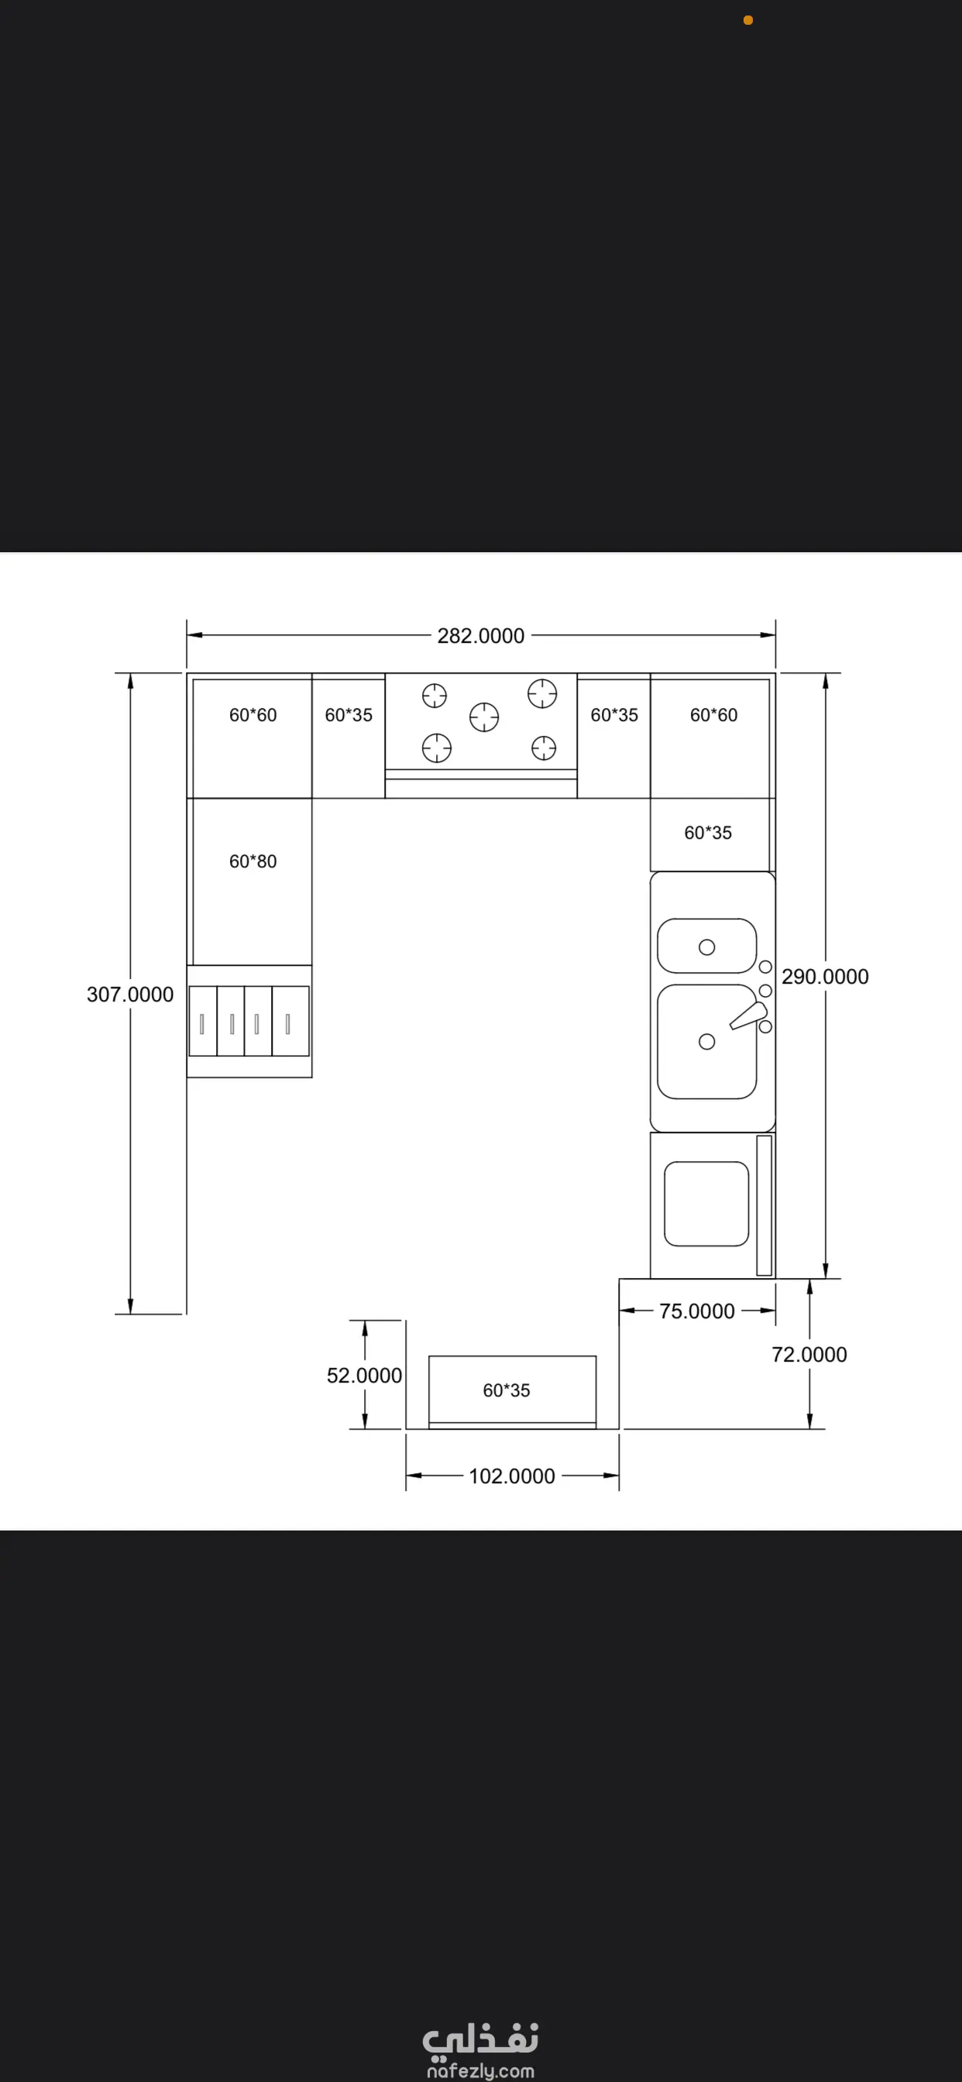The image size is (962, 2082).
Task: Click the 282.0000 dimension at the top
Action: pyautogui.click(x=481, y=636)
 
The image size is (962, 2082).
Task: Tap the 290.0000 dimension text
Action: pyautogui.click(x=825, y=977)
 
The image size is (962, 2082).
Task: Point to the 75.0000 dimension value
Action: pyautogui.click(x=697, y=1311)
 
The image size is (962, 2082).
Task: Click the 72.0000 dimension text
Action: pyautogui.click(x=809, y=1355)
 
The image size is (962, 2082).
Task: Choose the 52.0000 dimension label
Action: pyautogui.click(x=365, y=1376)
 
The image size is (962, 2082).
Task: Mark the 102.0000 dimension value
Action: pyautogui.click(x=512, y=1476)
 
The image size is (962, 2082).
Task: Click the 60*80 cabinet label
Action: pyautogui.click(x=253, y=861)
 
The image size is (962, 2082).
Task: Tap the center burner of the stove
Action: pyautogui.click(x=484, y=717)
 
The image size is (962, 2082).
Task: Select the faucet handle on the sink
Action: pyautogui.click(x=748, y=1016)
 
